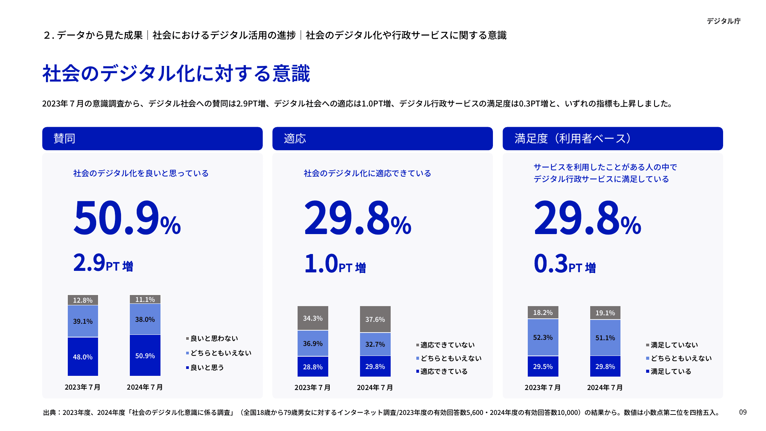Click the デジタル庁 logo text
coord(723,21)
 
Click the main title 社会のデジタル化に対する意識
coord(176,74)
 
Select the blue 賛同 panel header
coord(152,138)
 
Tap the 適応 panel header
coord(382,138)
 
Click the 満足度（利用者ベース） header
coord(612,138)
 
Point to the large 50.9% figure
coord(127,218)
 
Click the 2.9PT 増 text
coord(103,264)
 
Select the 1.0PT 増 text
coord(335,264)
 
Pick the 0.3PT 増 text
coord(565,264)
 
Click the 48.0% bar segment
coord(83,357)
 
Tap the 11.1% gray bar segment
coord(145,300)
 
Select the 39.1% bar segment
coord(83,321)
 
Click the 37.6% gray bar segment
coord(375,319)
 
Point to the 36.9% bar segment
coord(313,344)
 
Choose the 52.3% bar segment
coord(543,338)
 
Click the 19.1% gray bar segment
coord(605,313)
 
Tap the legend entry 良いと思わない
coord(214,338)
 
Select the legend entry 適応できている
coord(444,371)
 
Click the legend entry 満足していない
coord(674,345)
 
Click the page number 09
coord(743,412)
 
